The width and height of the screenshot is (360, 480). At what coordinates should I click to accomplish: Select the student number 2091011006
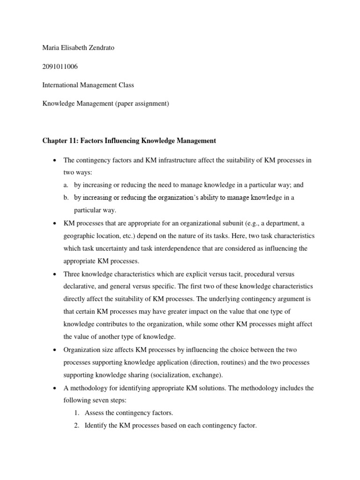(60, 67)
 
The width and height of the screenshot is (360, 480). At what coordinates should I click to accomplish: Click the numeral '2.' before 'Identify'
(78, 426)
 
